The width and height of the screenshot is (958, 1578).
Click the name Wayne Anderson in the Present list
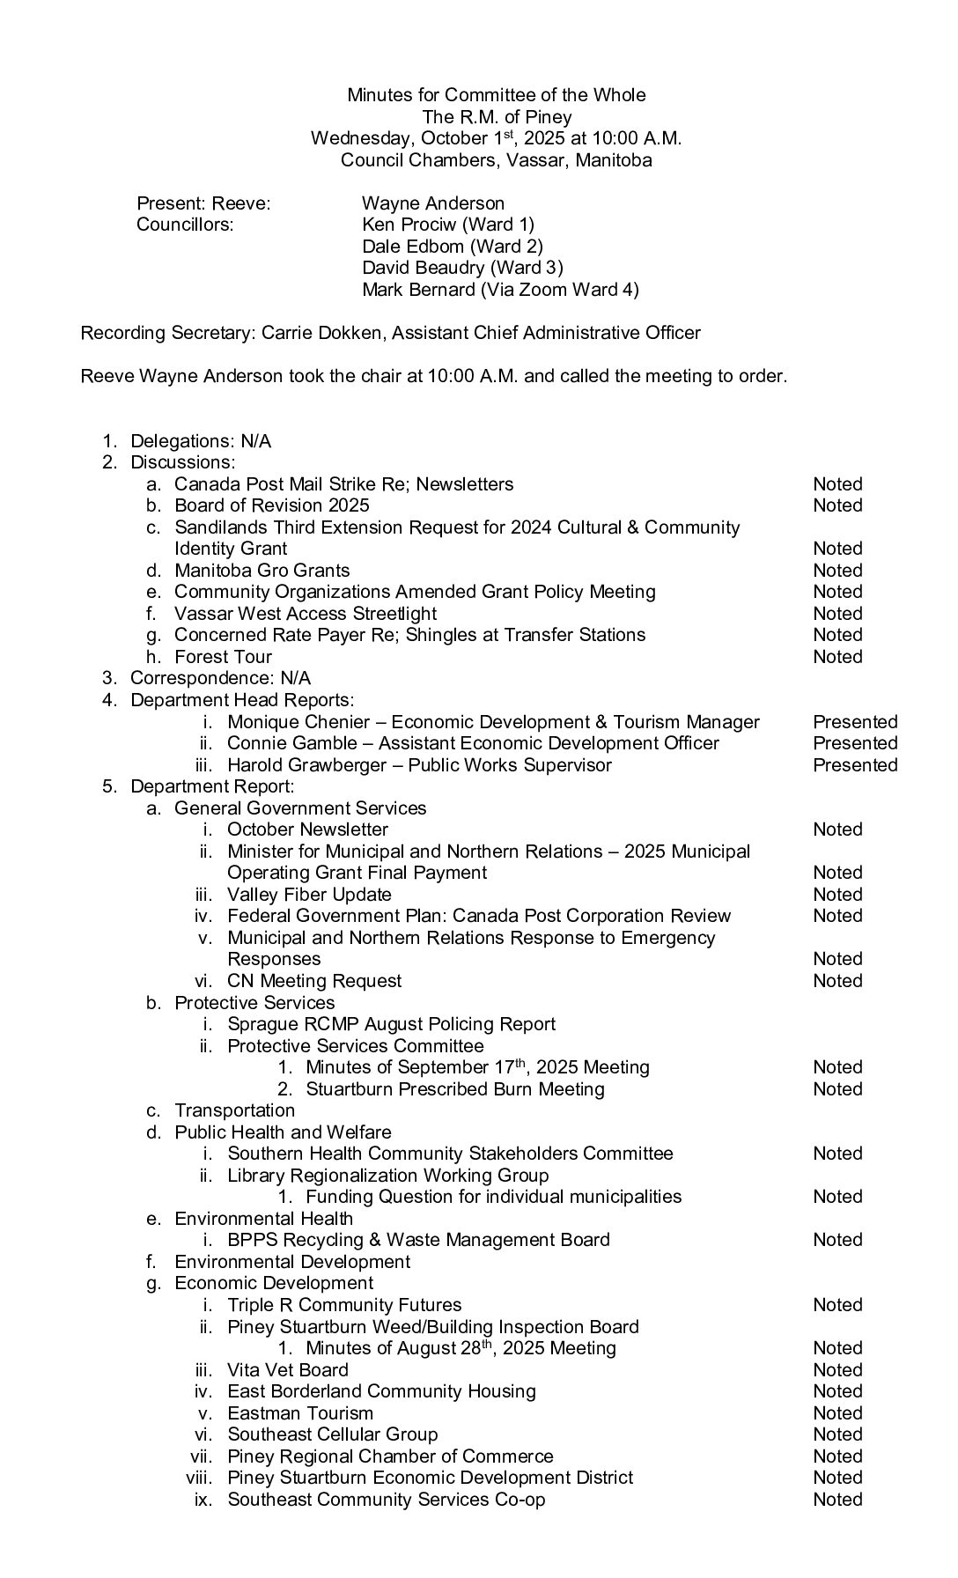point(433,203)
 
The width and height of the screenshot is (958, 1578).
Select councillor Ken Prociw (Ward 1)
point(448,225)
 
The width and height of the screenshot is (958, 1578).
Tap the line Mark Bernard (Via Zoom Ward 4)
point(500,290)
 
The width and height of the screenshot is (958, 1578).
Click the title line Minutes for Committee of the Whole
point(496,95)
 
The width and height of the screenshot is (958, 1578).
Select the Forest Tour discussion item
point(223,657)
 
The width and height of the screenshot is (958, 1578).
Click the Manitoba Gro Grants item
point(262,571)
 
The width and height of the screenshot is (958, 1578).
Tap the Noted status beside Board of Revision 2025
point(837,505)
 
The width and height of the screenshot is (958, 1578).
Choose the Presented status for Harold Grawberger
point(855,765)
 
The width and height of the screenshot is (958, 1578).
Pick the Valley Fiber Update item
point(308,895)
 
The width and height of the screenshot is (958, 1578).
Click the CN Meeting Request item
point(314,981)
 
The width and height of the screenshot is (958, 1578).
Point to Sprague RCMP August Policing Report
point(391,1024)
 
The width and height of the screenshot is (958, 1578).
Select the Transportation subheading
point(234,1110)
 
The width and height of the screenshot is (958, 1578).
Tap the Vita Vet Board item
point(288,1370)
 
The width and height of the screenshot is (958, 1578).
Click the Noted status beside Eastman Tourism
point(837,1413)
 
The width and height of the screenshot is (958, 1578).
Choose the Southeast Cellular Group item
point(332,1434)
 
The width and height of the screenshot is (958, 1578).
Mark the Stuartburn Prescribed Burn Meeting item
point(455,1089)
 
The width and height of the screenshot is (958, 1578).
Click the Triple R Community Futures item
point(344,1305)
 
